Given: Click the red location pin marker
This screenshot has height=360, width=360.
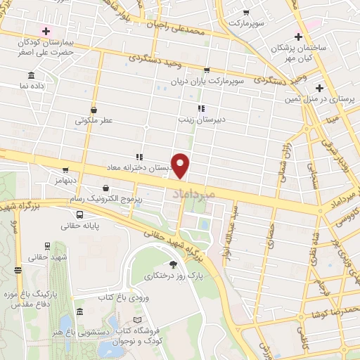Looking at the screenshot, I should click(181, 165).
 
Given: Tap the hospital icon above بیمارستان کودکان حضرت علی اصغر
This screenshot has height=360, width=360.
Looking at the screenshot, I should click(46, 31).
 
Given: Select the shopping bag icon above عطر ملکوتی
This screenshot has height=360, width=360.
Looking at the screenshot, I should click(94, 109).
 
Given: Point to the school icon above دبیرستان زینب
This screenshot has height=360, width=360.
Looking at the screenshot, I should click(201, 108).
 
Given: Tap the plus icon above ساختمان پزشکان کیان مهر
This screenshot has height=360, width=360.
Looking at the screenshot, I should click(300, 37).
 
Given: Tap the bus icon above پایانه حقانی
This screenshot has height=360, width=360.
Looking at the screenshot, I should click(79, 214).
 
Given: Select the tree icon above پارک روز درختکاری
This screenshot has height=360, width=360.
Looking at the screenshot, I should click(174, 264).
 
